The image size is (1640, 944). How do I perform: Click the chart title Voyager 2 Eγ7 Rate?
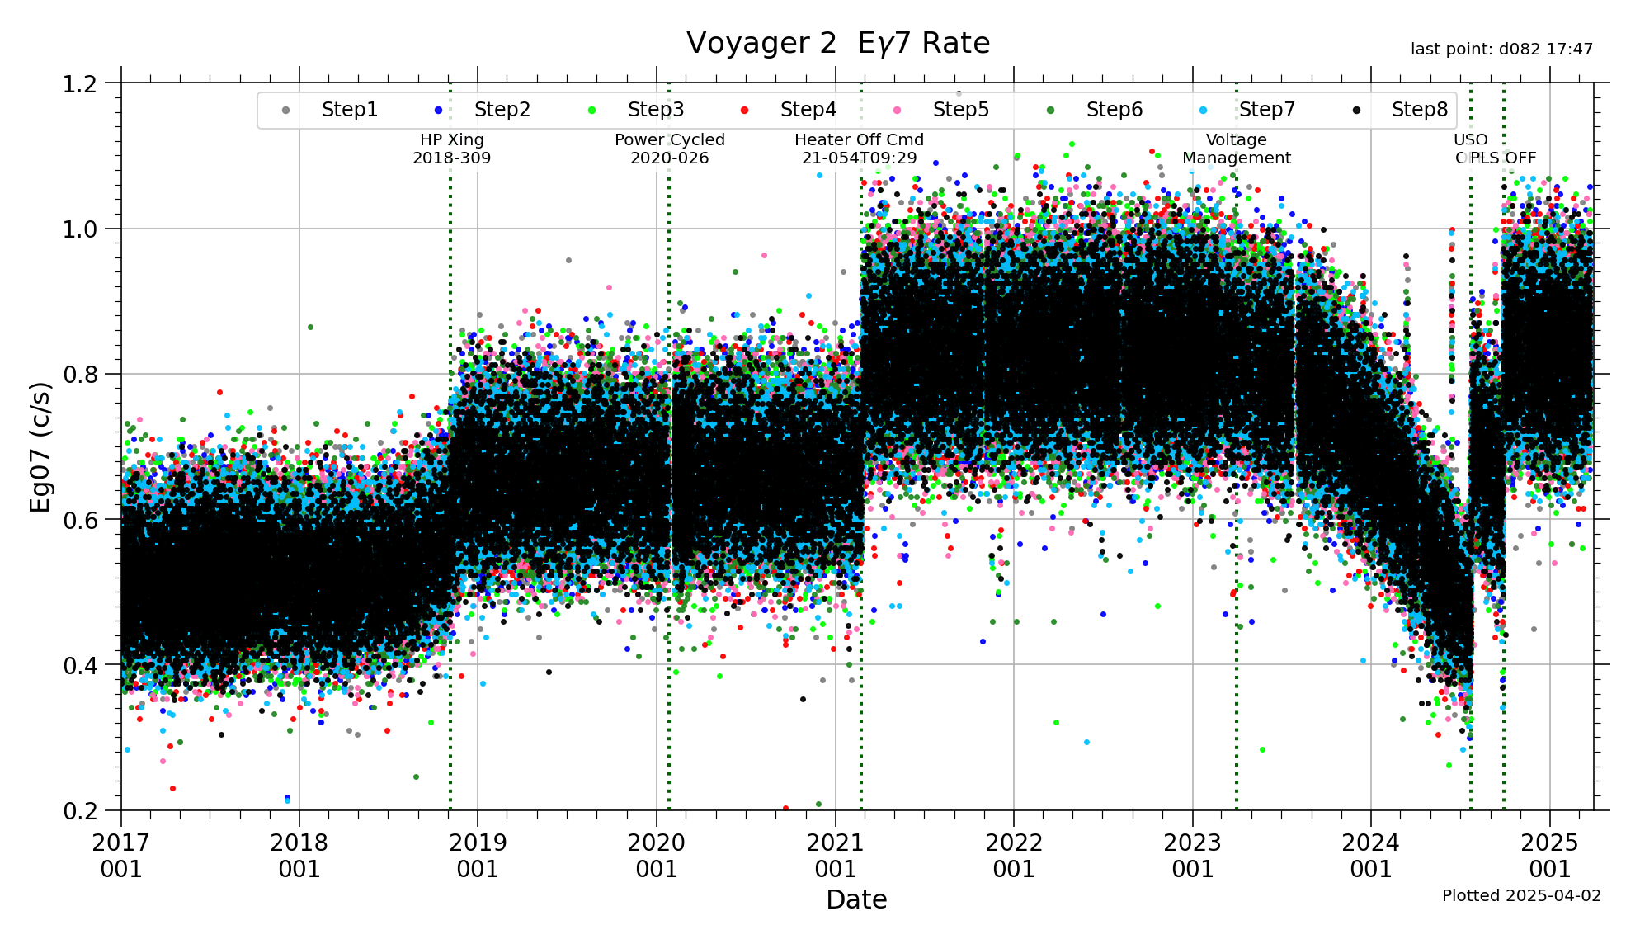(837, 43)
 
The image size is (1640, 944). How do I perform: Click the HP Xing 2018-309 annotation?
(452, 149)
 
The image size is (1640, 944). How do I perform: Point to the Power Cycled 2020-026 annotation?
(669, 149)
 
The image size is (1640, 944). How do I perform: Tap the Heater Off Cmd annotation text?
(859, 149)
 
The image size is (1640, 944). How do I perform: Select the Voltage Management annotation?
(1236, 149)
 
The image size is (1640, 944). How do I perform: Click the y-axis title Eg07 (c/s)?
(40, 446)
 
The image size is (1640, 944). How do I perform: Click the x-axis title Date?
(856, 899)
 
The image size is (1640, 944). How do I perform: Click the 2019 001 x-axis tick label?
(478, 856)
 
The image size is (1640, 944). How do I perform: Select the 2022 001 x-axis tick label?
(1014, 856)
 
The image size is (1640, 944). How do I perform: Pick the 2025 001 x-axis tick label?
(1549, 856)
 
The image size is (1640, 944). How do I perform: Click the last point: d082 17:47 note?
(1501, 50)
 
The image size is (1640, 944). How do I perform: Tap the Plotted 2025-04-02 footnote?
(1520, 896)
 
